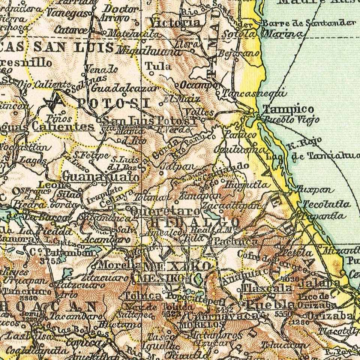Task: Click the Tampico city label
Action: coord(288,109)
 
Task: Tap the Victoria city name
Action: coord(175,23)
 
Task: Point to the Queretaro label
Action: coord(165,211)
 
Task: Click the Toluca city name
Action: coord(143,296)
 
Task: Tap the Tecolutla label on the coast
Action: coord(326,204)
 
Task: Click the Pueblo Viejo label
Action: coord(291,120)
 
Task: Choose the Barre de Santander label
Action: coord(308,23)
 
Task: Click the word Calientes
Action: coord(63,126)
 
